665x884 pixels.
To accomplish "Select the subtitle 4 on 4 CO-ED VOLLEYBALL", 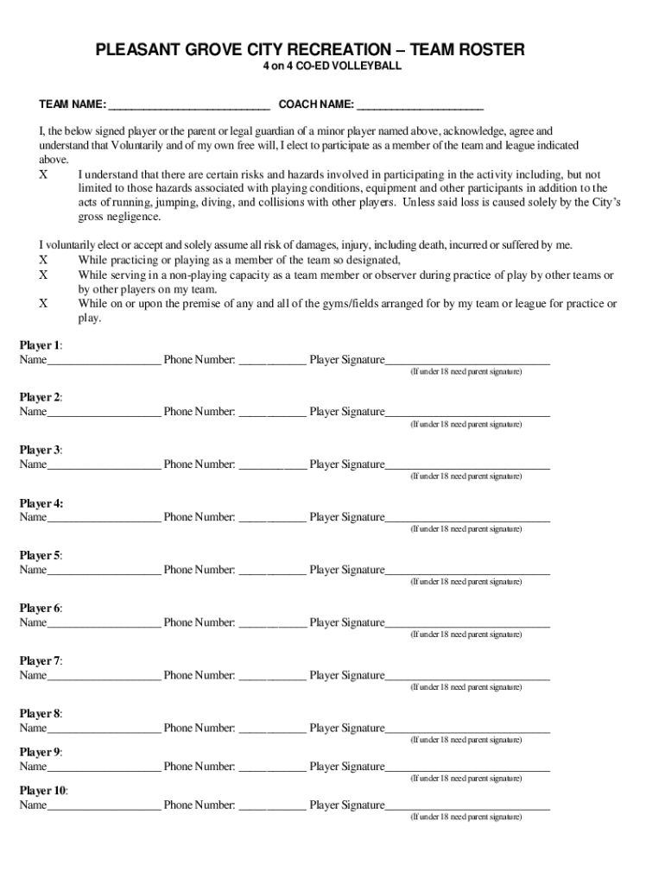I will click(x=332, y=66).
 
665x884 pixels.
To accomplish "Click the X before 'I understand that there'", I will click(x=44, y=174).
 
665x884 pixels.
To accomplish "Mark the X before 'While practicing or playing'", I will click(x=44, y=260).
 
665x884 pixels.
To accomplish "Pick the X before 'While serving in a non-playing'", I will click(x=44, y=275).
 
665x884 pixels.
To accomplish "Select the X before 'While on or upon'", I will click(x=44, y=304).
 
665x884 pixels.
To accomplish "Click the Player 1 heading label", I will click(x=41, y=344).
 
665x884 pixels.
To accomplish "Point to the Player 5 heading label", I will click(x=41, y=555).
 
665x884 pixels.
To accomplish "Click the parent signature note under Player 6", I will click(x=465, y=635).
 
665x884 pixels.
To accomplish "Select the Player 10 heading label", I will click(x=43, y=790).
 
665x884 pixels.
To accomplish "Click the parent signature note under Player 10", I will click(x=465, y=817).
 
